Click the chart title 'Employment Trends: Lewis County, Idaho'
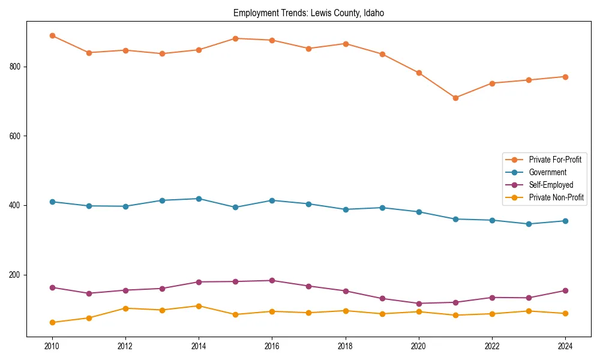[x=308, y=13]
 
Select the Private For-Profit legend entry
[x=554, y=160]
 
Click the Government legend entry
[x=547, y=172]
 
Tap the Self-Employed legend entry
[x=551, y=185]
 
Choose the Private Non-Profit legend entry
[x=556, y=197]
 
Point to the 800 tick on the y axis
[x=17, y=67]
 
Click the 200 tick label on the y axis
[x=17, y=275]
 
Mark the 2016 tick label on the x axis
[x=272, y=346]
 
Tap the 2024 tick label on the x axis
[x=565, y=346]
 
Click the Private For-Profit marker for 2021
[x=455, y=98]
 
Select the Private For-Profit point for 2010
[x=52, y=35]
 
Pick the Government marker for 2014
[x=199, y=199]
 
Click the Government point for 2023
[x=529, y=224]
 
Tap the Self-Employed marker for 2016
[x=272, y=280]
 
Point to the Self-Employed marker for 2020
[x=419, y=304]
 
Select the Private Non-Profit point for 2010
[x=52, y=322]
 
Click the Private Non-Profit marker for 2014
[x=199, y=306]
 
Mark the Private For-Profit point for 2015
[x=235, y=38]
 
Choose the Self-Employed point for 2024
[x=565, y=290]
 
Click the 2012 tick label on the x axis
[x=125, y=346]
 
